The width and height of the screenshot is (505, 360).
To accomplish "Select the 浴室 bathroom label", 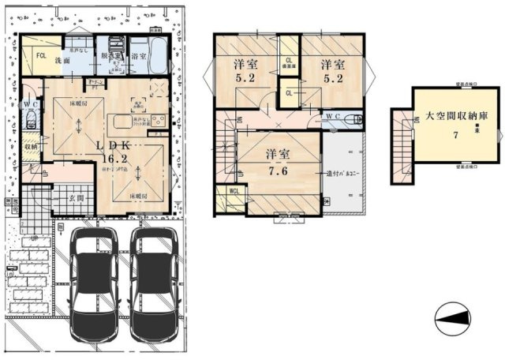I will coord(139,57).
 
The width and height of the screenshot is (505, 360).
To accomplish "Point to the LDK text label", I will coord(110,145).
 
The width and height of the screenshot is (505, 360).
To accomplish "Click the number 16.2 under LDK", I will coord(110,158).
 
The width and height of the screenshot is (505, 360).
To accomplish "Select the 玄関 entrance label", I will coord(76,197).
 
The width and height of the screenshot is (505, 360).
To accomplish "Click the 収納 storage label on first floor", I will coord(29,146).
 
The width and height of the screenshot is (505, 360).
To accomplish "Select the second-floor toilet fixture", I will coord(357,119).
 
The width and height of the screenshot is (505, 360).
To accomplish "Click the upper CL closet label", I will coord(289,61).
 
